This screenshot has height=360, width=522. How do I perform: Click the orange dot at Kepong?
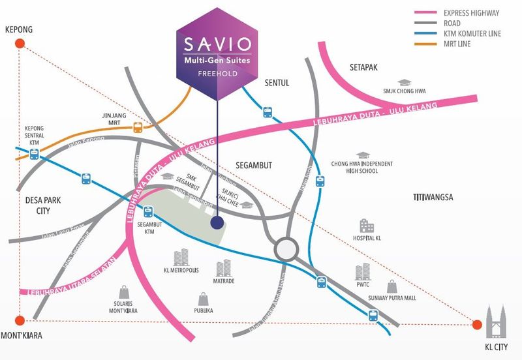point(20,44)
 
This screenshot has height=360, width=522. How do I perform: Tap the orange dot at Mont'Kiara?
point(20,320)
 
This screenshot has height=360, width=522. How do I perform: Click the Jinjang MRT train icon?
point(138,127)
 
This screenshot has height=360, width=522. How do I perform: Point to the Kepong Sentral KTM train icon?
point(33,154)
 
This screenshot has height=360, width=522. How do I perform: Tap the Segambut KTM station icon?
point(149,211)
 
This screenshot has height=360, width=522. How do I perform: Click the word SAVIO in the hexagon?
point(216,46)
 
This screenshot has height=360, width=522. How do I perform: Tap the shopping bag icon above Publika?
point(206,300)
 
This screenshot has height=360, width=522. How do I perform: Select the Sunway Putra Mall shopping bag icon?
point(392,287)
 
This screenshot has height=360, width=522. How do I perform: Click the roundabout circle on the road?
point(285,248)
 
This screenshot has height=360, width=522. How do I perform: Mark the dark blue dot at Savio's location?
point(217,223)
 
